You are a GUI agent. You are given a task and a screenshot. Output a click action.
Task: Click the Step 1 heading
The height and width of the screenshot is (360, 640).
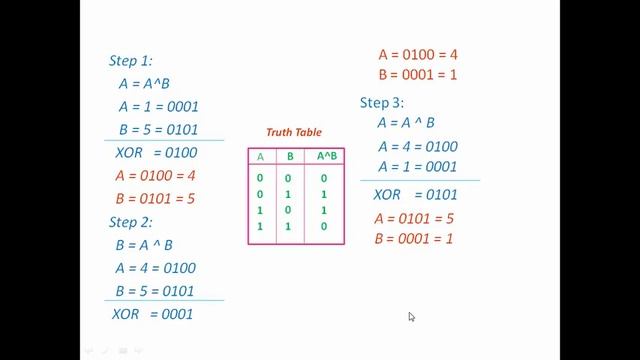click(x=131, y=61)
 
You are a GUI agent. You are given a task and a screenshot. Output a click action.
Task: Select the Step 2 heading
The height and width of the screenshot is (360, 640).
click(x=131, y=222)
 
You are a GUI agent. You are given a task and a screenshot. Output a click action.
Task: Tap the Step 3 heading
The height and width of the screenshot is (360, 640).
click(x=383, y=103)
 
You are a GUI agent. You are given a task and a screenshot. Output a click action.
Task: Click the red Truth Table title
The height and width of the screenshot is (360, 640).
click(x=293, y=133)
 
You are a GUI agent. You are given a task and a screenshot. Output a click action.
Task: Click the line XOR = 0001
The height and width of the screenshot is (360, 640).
click(x=153, y=314)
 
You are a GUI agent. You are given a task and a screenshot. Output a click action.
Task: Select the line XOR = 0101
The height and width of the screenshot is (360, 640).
click(x=415, y=194)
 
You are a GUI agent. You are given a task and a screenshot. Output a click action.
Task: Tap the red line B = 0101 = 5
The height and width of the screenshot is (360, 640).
click(x=155, y=198)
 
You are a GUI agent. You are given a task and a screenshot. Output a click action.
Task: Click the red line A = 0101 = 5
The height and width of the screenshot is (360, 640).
click(x=414, y=218)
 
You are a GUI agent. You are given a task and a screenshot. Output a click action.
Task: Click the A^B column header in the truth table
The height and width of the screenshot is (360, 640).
click(x=326, y=157)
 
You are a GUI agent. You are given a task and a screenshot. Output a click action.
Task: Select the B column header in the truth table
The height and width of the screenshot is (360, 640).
click(x=290, y=157)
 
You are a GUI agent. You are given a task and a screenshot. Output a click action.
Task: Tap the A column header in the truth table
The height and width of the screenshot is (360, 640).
click(x=261, y=157)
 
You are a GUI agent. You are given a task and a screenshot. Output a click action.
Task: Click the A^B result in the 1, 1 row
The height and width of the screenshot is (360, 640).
click(x=324, y=227)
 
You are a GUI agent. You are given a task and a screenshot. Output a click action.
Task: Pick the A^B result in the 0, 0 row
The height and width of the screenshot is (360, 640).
click(x=324, y=178)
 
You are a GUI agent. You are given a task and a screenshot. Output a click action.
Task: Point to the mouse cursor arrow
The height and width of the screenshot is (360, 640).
click(x=411, y=317)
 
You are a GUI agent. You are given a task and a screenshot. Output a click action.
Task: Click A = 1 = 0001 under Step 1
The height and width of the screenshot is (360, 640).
click(x=158, y=107)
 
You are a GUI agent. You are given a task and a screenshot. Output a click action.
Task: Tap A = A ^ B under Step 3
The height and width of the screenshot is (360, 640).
click(x=406, y=124)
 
